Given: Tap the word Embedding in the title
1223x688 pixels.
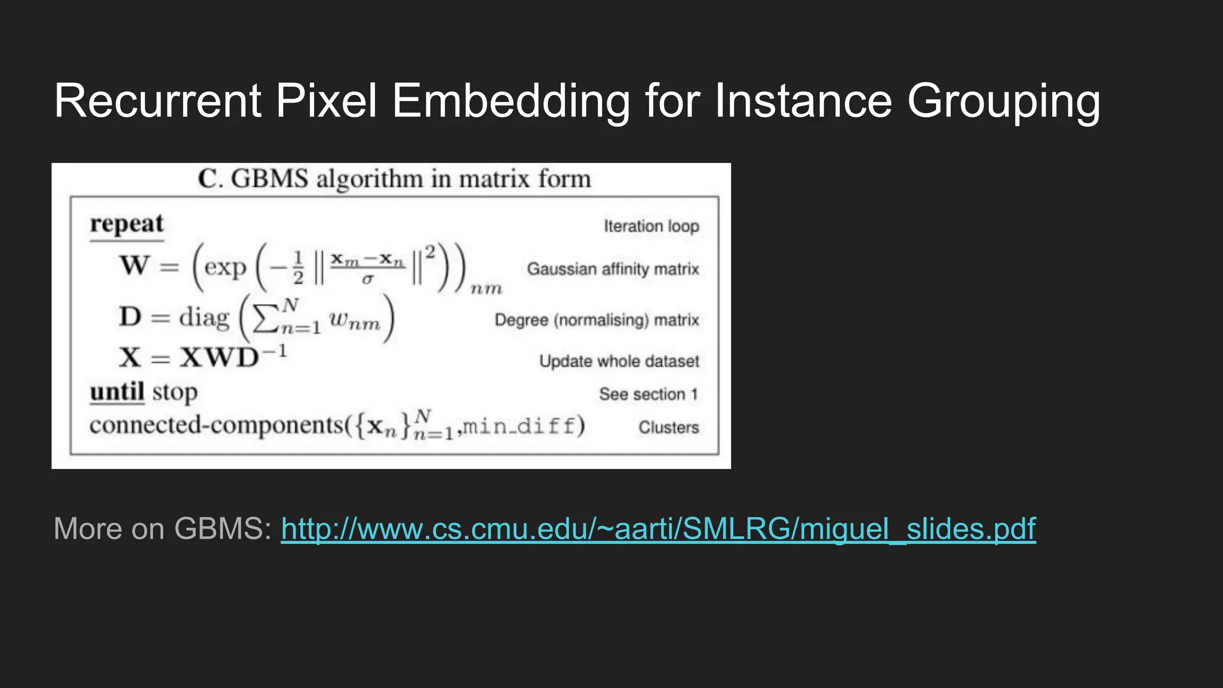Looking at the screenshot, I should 511,102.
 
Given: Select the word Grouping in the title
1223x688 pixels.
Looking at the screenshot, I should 1003,102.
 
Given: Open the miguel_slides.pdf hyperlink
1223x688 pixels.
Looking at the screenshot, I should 658,529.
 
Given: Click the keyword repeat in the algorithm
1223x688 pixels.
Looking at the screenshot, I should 127,224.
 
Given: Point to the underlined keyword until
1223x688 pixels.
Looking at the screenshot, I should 117,392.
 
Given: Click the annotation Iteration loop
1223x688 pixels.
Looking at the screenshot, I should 651,226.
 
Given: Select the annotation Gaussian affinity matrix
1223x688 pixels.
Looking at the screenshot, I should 613,269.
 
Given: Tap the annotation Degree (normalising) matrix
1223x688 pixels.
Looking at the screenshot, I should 597,320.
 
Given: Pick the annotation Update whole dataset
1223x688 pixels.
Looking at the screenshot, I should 619,361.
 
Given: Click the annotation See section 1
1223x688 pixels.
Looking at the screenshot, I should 648,394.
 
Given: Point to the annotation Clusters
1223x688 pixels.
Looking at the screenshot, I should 668,428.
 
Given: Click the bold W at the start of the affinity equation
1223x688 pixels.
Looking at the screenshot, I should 134,265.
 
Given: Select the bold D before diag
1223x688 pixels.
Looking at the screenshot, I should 130,317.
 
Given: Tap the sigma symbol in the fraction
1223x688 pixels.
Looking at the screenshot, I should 367,279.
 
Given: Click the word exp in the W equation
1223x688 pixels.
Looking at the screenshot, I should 225,267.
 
